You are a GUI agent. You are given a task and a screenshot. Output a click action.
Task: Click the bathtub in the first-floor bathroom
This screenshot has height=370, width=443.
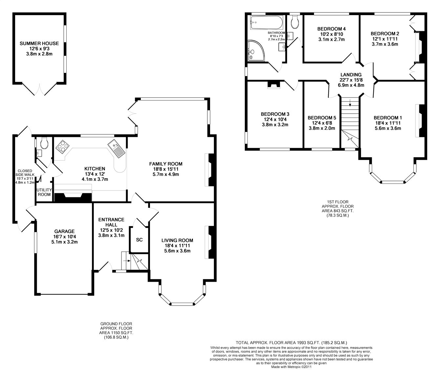tap(266, 23)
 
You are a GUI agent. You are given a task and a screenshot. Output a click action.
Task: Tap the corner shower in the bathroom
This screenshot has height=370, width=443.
tap(256, 51)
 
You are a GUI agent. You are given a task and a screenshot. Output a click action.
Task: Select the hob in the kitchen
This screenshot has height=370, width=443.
tap(63, 147)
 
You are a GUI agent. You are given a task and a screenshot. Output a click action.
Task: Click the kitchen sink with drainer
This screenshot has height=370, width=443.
tap(116, 149)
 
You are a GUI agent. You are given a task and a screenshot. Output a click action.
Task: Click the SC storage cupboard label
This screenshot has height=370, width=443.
tap(139, 240)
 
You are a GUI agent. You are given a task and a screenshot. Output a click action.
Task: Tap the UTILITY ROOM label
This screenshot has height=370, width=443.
tap(44, 192)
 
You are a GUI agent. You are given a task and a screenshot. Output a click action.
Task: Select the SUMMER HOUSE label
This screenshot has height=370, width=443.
tap(39, 44)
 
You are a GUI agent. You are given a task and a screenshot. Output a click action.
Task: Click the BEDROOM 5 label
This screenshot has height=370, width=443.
tap(322, 118)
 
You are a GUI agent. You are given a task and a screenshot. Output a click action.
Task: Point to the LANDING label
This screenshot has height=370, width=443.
tap(351, 75)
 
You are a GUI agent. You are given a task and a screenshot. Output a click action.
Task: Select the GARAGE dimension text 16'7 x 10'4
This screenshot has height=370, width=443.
tap(64, 236)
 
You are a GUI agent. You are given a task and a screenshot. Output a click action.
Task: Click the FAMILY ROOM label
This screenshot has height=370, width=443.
tap(166, 164)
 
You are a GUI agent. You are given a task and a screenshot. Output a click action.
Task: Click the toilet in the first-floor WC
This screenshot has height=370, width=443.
tap(295, 22)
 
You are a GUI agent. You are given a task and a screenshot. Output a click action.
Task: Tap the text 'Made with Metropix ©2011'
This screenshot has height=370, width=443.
tap(291, 367)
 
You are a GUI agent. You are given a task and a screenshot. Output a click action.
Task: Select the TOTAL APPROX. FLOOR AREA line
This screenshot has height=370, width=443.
tap(291, 342)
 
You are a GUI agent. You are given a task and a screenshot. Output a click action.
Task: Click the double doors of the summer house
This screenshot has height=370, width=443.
tap(39, 89)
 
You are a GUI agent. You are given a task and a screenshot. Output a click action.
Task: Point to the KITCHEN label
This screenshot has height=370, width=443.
tap(95, 169)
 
